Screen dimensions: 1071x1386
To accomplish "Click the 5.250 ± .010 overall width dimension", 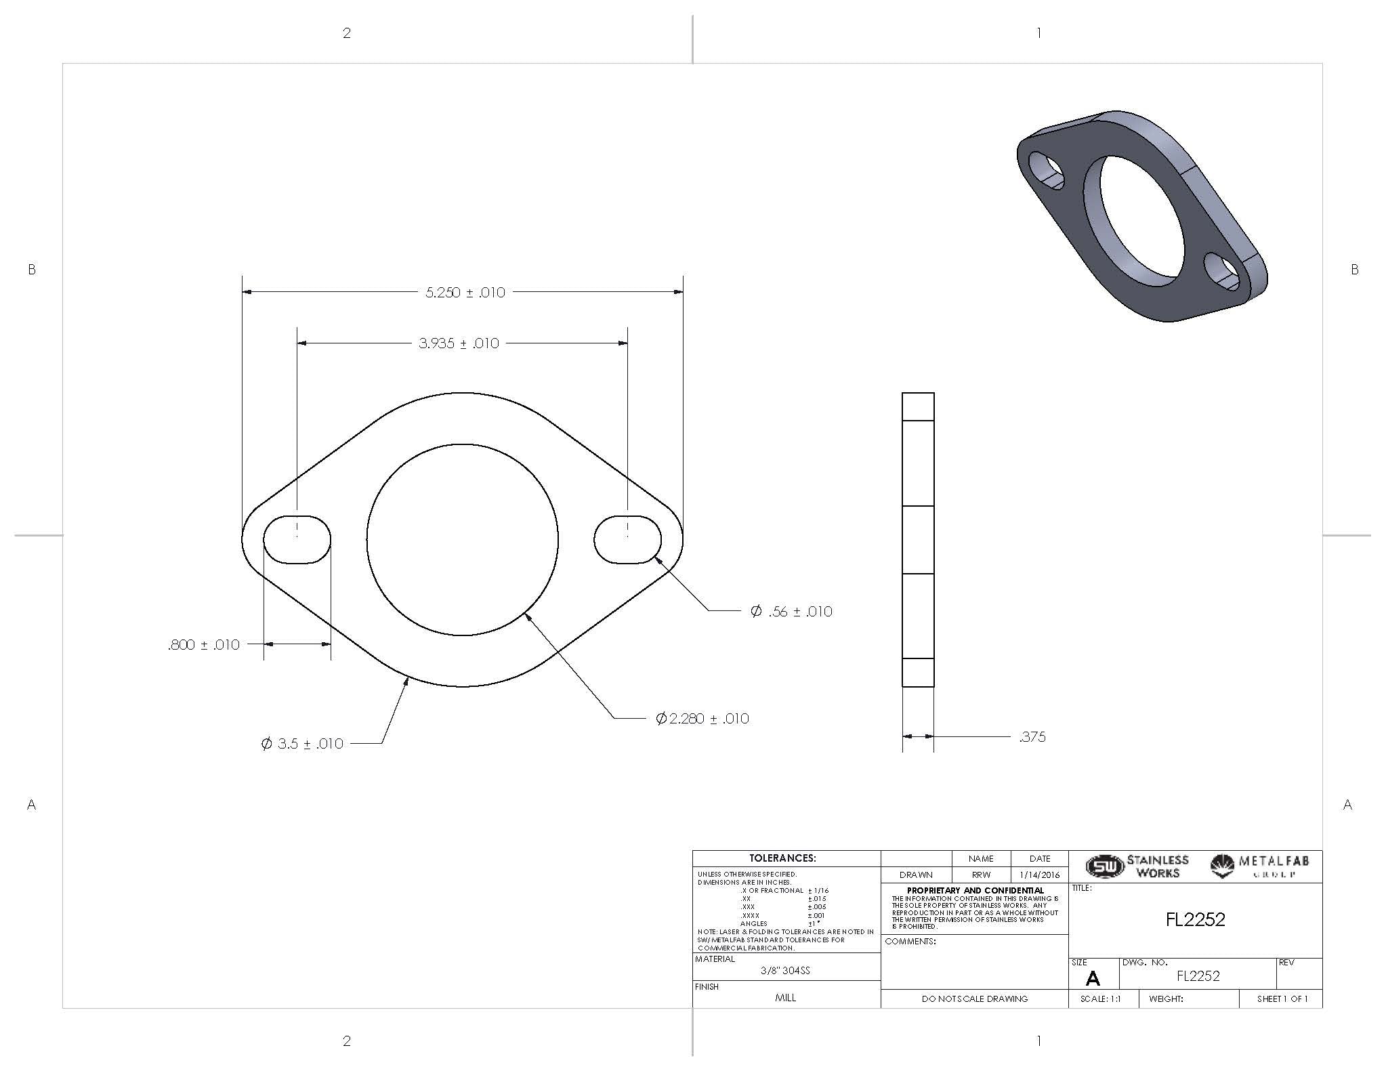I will pos(465,293).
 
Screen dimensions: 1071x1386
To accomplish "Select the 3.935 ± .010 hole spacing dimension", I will pos(459,343).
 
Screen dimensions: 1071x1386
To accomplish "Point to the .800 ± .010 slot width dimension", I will pos(204,644).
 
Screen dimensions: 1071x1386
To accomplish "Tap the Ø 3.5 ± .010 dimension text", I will pos(302,744).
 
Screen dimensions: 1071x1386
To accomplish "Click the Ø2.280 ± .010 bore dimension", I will pos(702,718).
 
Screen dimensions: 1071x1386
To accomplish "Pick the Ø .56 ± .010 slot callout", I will pos(791,611).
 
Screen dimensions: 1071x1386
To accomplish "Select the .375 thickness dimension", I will pos(1032,737).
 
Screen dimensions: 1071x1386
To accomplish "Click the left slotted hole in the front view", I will pos(297,539).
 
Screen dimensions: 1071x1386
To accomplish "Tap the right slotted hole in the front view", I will pos(627,539).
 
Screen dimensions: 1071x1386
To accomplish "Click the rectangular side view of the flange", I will pos(918,539).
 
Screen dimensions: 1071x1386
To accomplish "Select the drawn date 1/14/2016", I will pos(1039,875).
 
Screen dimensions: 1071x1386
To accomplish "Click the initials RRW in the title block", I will pos(981,875).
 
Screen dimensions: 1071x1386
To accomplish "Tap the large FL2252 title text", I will pos(1195,919).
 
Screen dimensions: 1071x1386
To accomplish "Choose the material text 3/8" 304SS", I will pos(785,970).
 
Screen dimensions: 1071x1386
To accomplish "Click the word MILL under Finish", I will pos(785,998).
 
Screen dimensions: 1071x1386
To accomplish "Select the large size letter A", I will pos(1092,978).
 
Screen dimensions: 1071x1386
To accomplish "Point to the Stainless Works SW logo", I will pos(1104,866).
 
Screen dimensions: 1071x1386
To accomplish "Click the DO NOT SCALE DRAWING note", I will pos(974,999).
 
